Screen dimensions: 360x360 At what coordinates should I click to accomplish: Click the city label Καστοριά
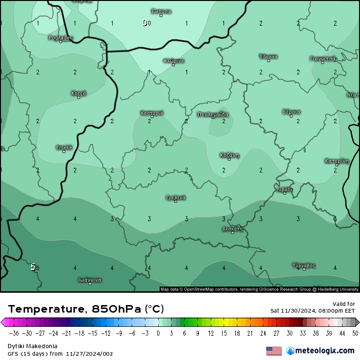(152, 113)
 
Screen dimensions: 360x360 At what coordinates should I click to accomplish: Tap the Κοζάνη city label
(229, 155)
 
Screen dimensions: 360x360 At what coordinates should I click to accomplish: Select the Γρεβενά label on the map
(176, 197)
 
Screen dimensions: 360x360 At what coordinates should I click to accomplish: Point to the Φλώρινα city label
(173, 61)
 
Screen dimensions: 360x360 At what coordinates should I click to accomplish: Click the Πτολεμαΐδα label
(213, 114)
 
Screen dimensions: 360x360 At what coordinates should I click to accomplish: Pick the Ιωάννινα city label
(90, 279)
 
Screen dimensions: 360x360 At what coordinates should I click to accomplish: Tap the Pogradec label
(61, 37)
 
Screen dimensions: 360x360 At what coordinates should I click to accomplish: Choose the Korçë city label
(79, 93)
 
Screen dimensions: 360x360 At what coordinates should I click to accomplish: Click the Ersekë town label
(64, 147)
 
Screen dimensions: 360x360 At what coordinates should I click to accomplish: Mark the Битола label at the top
(161, 11)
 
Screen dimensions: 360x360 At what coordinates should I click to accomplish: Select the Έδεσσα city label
(269, 56)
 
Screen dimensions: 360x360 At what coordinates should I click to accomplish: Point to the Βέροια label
(291, 112)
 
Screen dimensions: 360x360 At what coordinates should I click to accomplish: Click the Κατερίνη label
(337, 161)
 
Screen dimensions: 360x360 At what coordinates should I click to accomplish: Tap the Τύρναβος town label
(304, 265)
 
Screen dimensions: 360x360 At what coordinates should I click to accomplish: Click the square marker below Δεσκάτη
(233, 233)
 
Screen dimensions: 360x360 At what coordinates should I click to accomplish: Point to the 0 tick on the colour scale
(158, 333)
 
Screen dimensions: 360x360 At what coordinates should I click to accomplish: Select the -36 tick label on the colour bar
(14, 333)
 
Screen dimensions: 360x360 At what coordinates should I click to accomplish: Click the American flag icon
(273, 351)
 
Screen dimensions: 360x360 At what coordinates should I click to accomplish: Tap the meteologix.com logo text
(324, 351)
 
